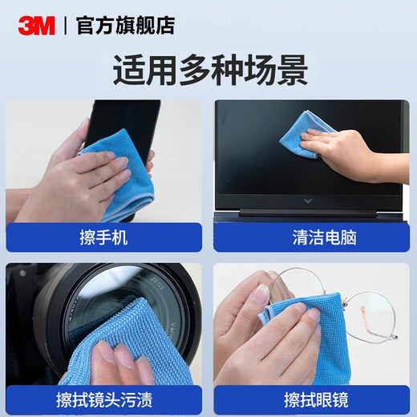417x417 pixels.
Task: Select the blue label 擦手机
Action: (104, 237)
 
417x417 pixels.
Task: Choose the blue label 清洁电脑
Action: (312, 237)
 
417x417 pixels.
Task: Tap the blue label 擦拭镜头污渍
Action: (104, 399)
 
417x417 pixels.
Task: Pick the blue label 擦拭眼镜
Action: (312, 399)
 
